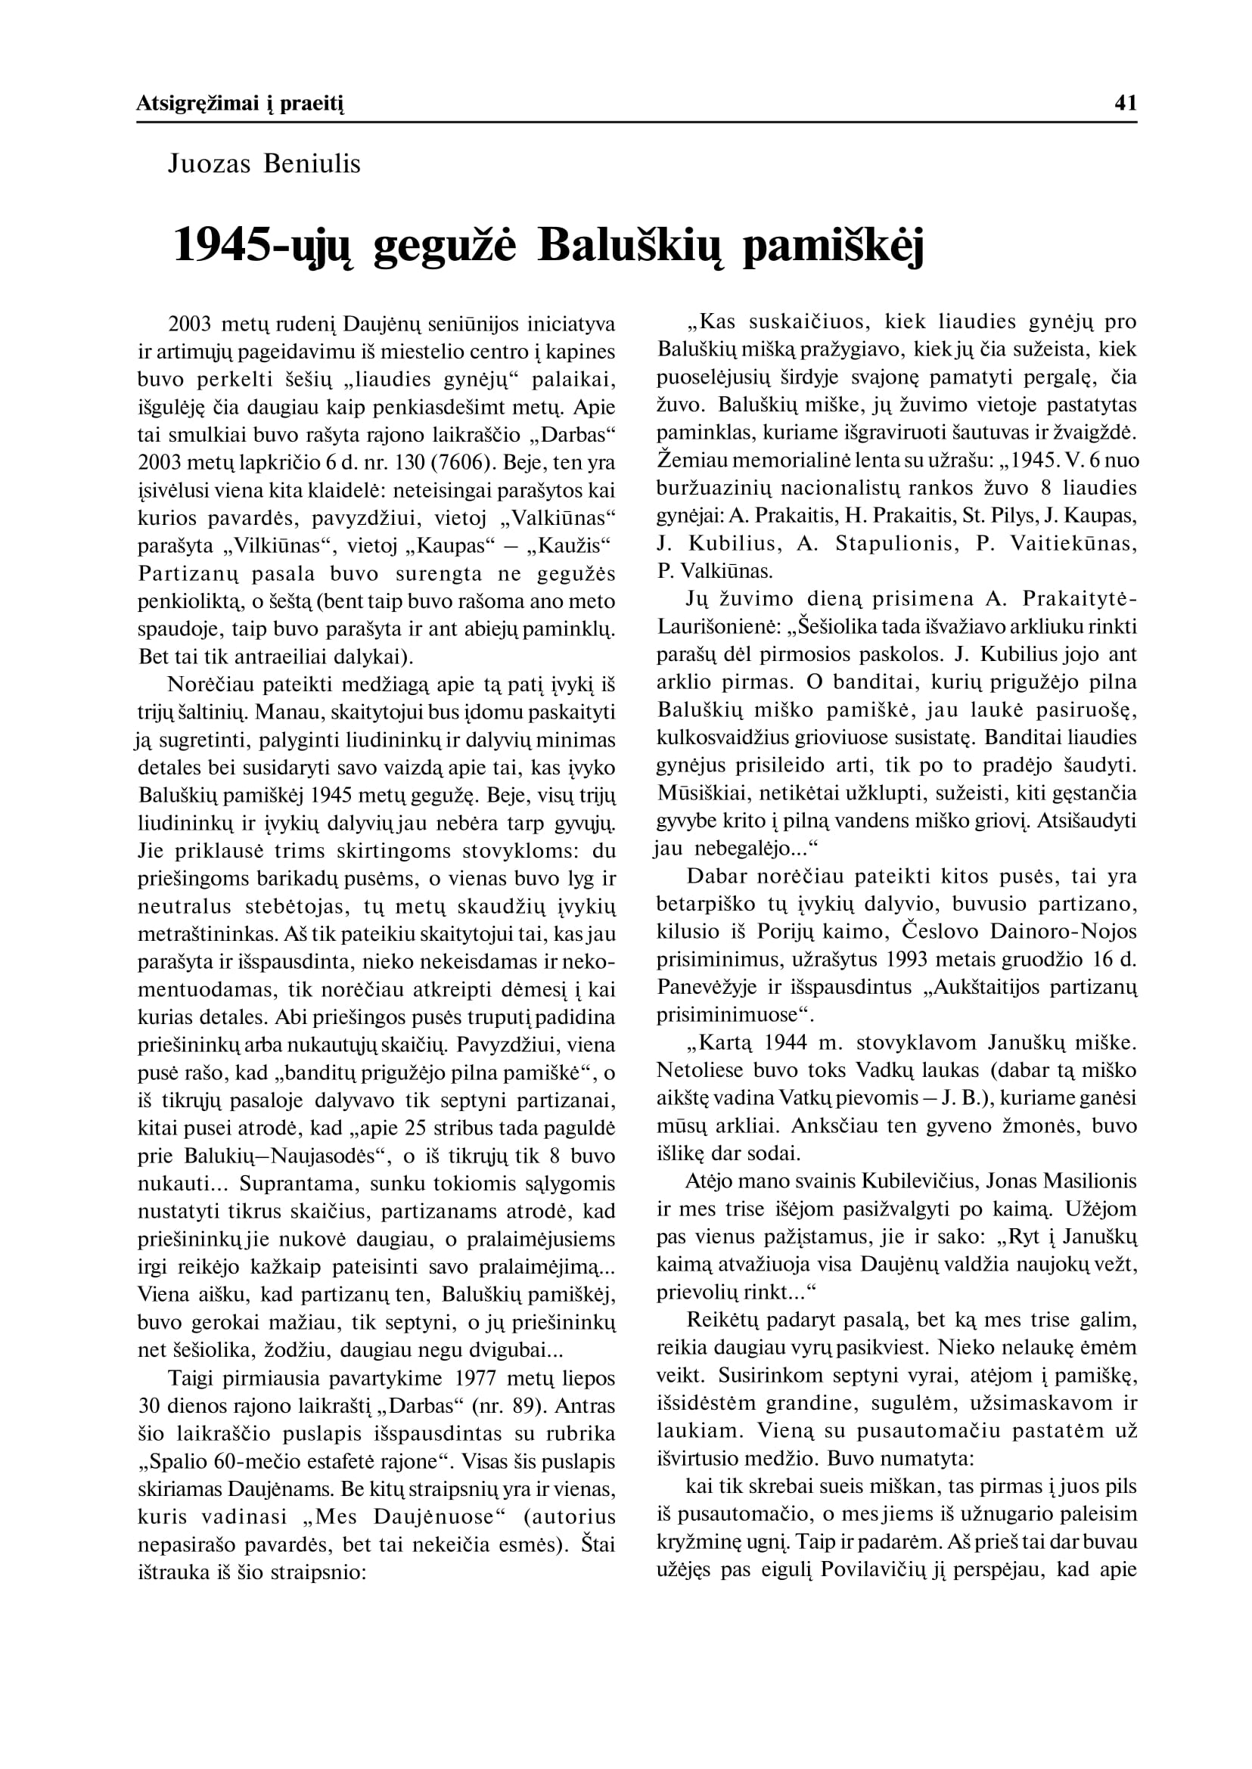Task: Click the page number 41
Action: [1126, 104]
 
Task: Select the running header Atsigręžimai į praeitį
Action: [240, 104]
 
